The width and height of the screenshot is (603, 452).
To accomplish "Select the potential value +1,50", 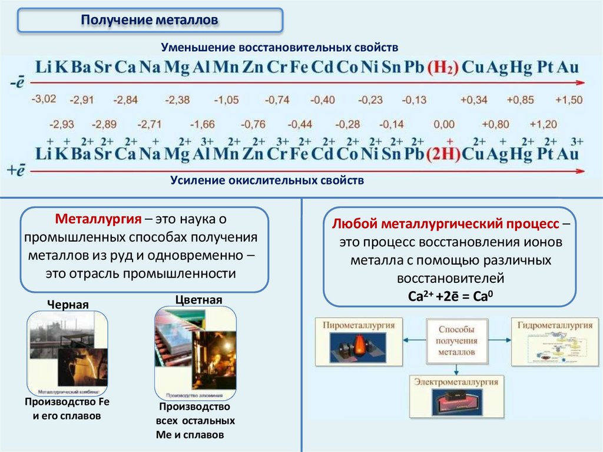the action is click(568, 100).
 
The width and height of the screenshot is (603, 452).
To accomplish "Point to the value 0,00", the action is click(444, 124).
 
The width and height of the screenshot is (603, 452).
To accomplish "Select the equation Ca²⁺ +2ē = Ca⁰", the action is click(450, 296).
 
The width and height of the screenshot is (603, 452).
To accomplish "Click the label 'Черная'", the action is click(68, 305).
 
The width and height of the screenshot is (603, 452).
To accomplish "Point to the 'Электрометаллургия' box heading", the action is click(456, 382).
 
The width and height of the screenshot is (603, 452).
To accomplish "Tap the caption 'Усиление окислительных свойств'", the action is click(267, 180).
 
